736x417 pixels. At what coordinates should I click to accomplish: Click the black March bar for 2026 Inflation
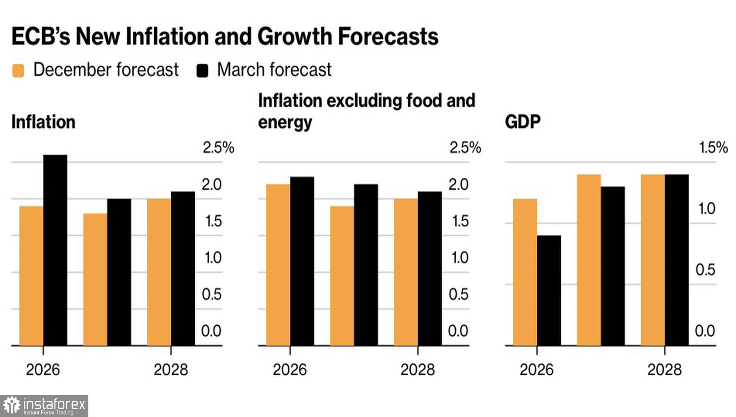55,250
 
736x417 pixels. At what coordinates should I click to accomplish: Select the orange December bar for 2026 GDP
525,272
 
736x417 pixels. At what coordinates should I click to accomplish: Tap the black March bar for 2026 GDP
549,290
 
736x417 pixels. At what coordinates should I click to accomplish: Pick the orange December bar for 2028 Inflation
159,272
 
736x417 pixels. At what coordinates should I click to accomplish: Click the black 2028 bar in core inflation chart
430,269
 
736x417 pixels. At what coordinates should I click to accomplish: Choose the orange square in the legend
18,71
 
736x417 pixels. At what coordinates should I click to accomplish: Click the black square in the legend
202,71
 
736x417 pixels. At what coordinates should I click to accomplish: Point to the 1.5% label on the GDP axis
713,147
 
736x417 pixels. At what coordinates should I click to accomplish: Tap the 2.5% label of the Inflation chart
218,147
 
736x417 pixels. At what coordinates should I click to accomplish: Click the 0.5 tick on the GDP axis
705,270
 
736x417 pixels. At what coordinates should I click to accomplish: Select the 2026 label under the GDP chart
536,369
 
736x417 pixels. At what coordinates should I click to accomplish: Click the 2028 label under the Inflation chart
171,369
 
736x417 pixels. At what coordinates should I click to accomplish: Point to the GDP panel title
523,122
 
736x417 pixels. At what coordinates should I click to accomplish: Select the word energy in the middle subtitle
285,123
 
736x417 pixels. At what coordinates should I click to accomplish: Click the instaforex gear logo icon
12,406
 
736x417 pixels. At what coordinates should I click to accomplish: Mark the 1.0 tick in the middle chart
460,258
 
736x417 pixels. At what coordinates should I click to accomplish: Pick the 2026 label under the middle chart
289,369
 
